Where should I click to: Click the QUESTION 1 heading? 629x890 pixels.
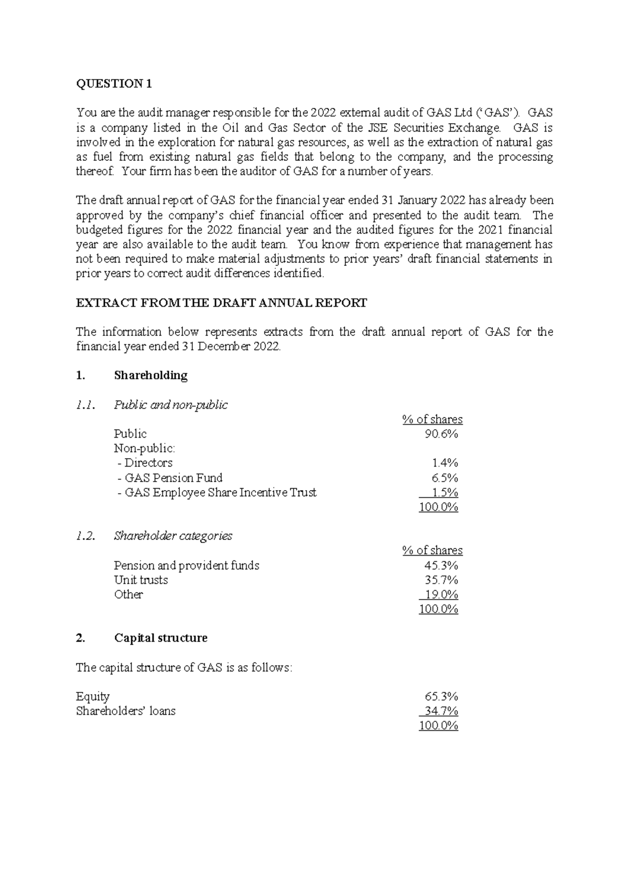(x=114, y=84)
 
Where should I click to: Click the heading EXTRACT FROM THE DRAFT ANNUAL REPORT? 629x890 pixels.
(x=221, y=303)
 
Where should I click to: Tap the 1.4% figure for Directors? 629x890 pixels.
(x=444, y=463)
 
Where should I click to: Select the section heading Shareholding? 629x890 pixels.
(x=150, y=375)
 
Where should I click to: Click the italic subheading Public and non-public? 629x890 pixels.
(x=171, y=405)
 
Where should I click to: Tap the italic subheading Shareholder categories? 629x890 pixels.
(x=173, y=536)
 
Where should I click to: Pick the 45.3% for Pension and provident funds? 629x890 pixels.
(x=441, y=565)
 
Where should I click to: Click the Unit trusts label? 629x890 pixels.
(x=141, y=580)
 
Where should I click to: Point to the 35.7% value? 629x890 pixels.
(x=441, y=580)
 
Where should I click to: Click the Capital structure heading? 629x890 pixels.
(x=160, y=638)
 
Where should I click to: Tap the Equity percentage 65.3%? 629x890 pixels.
(x=441, y=697)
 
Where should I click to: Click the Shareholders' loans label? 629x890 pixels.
(x=126, y=711)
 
